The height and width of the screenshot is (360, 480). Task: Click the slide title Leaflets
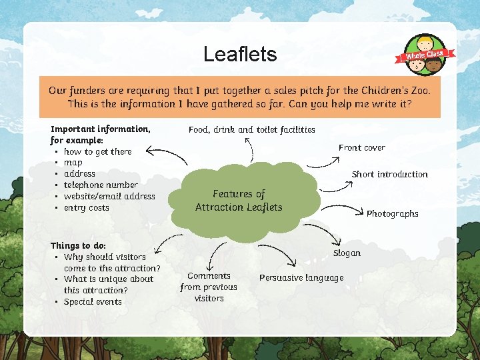click(x=240, y=54)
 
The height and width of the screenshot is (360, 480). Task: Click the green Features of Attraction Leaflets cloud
click(x=239, y=201)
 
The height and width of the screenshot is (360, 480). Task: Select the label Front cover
click(x=361, y=147)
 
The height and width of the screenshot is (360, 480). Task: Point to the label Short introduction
click(x=389, y=174)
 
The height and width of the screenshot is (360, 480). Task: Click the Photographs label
click(x=392, y=213)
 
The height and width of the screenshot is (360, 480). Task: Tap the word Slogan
click(x=346, y=253)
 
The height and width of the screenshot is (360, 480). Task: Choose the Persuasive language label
click(x=301, y=277)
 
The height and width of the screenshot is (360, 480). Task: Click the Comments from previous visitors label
click(x=209, y=287)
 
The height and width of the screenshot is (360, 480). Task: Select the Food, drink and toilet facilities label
click(x=251, y=129)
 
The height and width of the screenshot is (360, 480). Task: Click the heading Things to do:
click(x=78, y=245)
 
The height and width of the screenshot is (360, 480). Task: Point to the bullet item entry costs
click(x=86, y=207)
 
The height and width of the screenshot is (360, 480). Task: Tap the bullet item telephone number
click(x=101, y=185)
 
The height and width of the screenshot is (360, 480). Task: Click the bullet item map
click(x=73, y=162)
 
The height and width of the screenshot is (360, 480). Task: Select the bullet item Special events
click(x=93, y=301)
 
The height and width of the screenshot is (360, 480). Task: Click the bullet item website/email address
click(x=109, y=196)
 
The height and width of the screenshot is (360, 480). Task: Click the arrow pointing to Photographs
click(x=347, y=209)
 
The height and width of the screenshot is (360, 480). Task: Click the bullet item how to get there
click(x=97, y=151)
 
